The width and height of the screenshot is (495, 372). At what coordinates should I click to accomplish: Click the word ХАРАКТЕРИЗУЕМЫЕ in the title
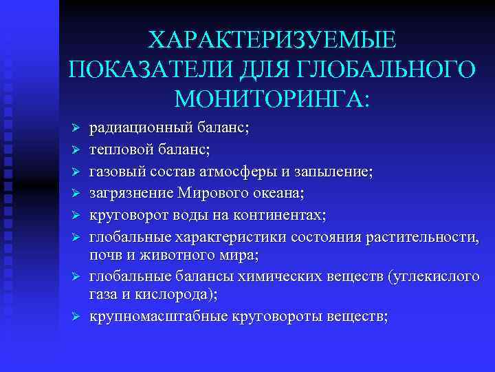click(272, 39)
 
